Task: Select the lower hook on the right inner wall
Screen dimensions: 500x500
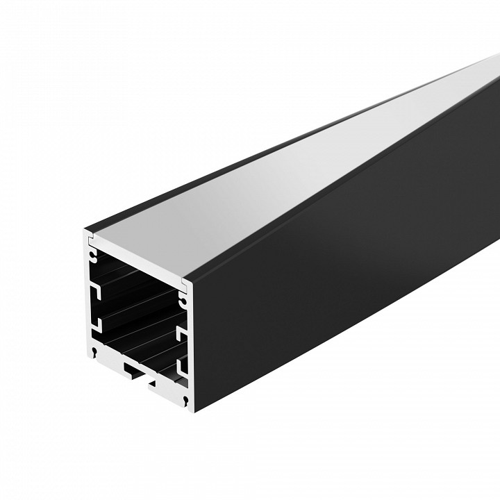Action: click(x=182, y=365)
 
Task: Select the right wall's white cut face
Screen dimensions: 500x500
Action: click(x=188, y=347)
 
